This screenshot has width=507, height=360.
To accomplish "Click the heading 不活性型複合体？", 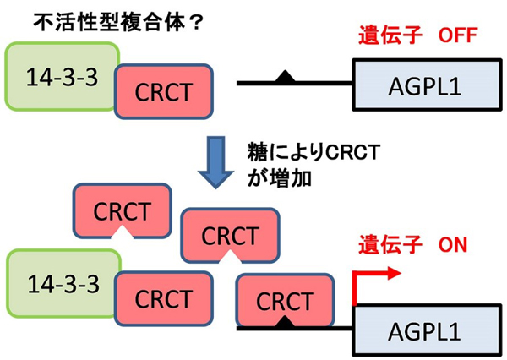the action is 118,23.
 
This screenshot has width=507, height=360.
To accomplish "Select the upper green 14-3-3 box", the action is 62,76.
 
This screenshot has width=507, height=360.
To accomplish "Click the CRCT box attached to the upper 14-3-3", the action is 164,91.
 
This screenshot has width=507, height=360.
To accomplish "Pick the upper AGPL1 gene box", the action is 427,85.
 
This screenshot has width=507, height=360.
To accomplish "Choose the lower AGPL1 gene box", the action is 427,330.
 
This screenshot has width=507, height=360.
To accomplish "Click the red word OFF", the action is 458,35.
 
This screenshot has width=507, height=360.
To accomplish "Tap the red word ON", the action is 453,245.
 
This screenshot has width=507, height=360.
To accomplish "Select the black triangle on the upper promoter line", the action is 285,76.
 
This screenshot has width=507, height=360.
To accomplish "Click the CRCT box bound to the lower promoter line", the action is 285,300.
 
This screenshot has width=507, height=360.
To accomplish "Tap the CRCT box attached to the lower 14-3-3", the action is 164,298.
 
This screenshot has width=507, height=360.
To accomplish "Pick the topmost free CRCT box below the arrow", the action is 123,211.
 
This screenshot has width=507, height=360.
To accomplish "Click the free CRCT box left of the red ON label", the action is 230,235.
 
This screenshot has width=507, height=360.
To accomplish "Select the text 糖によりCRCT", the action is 313,152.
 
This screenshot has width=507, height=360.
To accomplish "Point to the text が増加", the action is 280,178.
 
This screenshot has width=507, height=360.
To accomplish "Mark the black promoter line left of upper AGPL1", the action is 294,84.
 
